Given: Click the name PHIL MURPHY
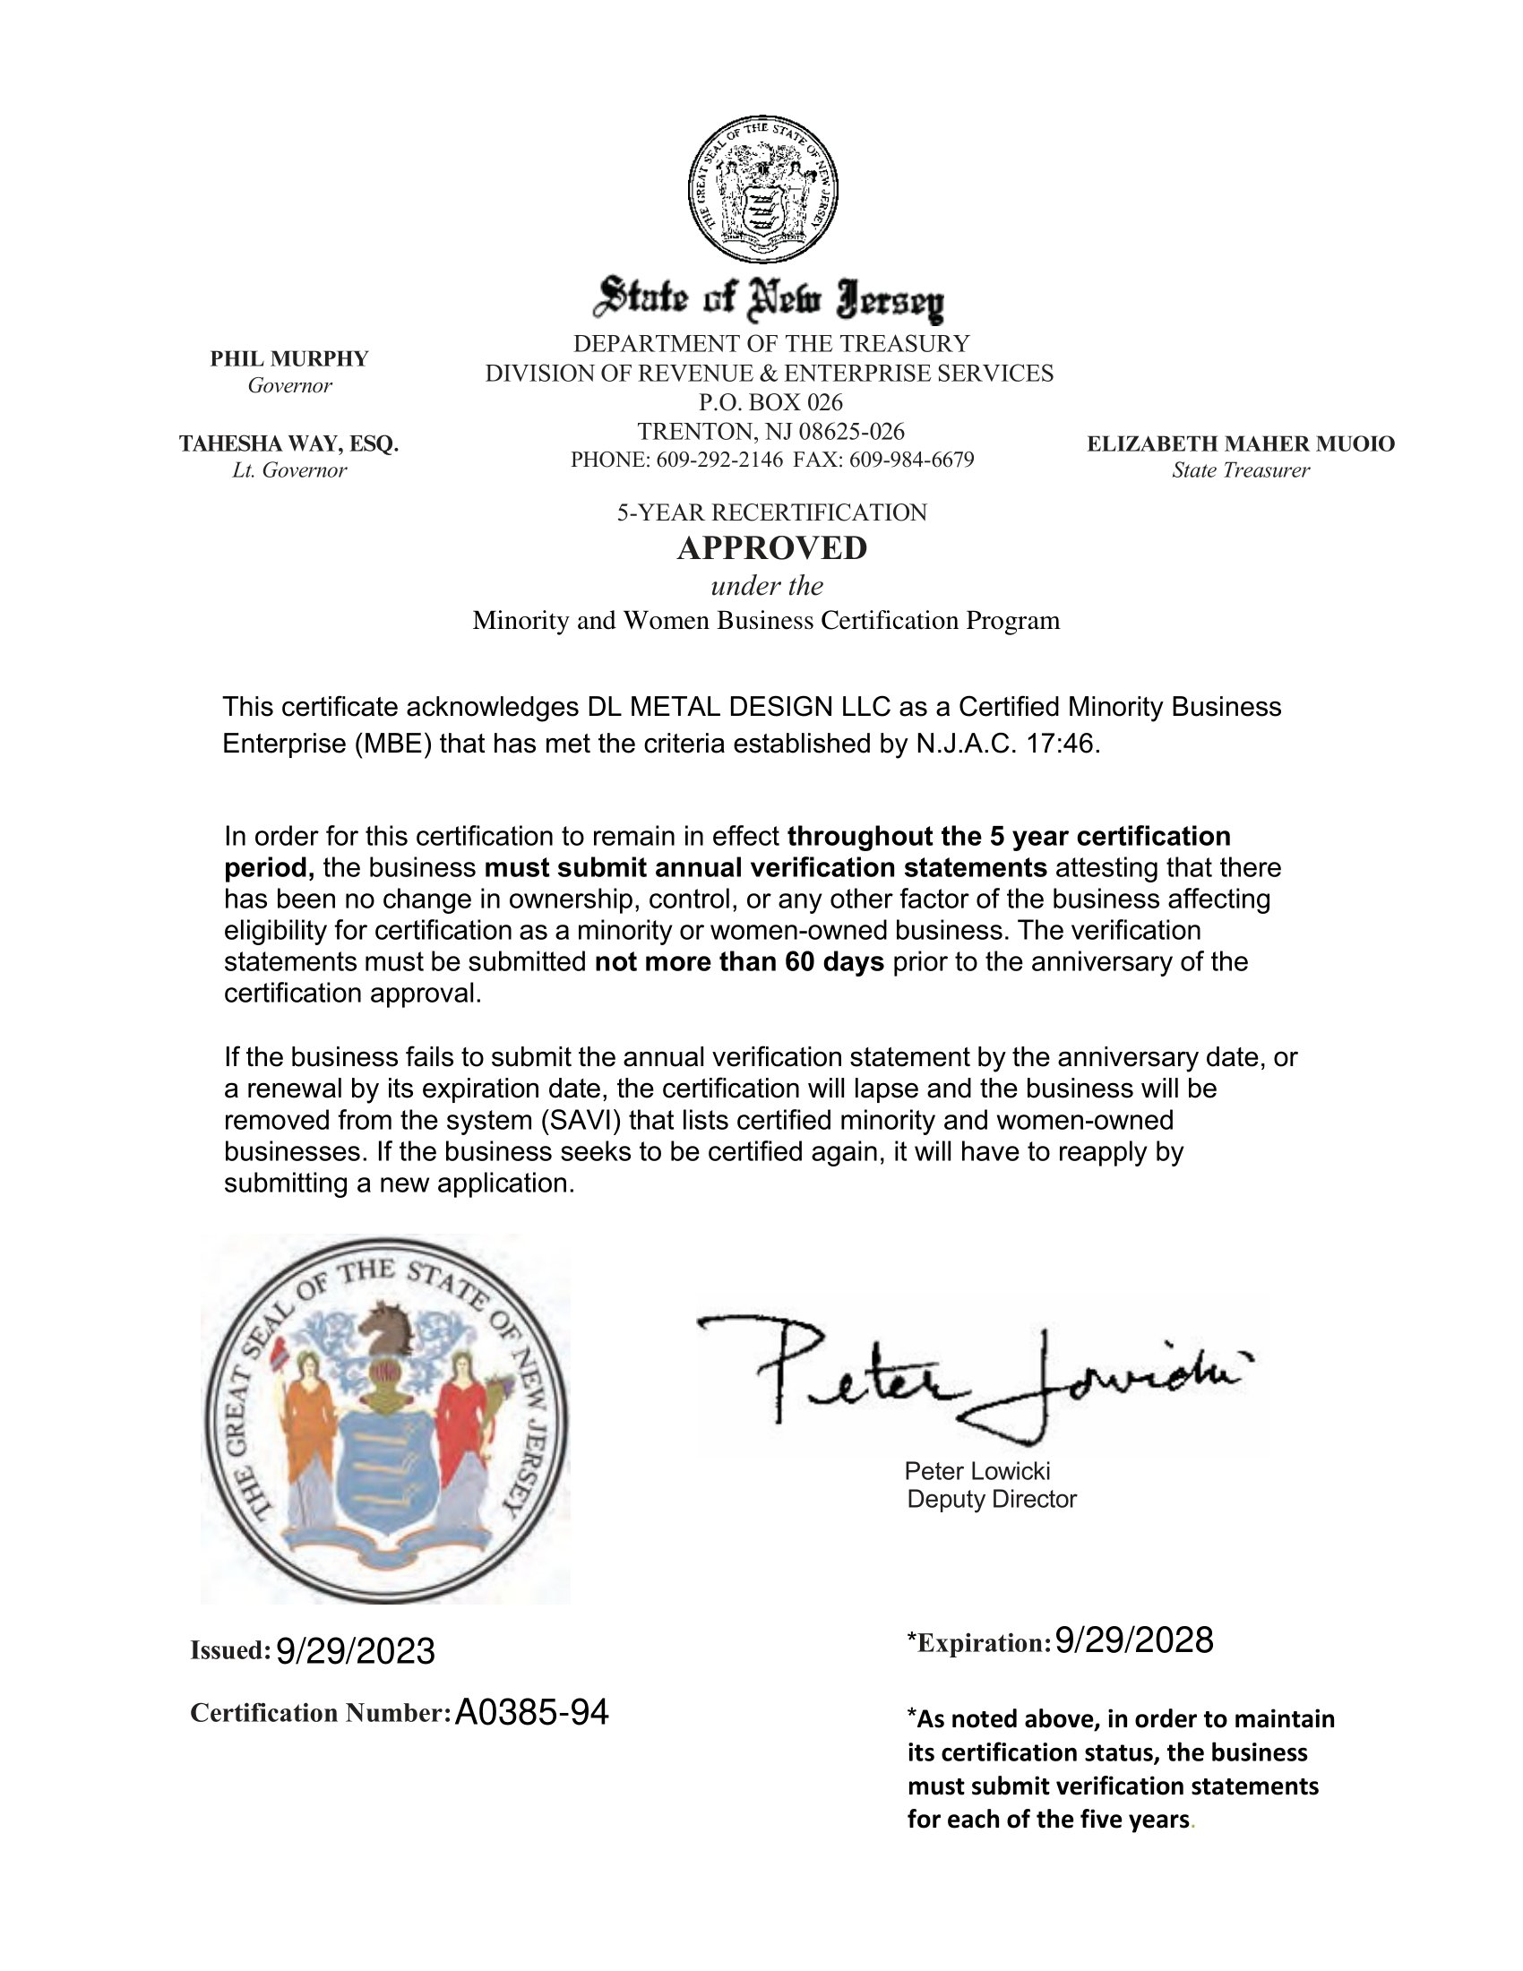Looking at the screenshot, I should pos(289,359).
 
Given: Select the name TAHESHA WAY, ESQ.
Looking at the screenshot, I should pos(288,444).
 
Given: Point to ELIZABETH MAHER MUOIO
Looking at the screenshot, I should pos(1241,444).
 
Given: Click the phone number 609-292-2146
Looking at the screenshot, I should pos(719,460).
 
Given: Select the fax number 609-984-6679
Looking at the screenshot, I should pos(911,460).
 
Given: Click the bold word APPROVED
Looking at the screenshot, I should pos(772,547).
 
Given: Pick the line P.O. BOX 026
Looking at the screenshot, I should pos(770,402).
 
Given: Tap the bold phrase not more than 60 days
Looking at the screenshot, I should pos(739,962).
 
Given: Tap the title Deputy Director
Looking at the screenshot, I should pos(992,1499).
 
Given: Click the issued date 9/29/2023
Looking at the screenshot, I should pos(355,1650).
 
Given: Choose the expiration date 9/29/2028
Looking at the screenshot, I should pos(1133,1640).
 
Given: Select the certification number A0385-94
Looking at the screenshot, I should pos(531,1712).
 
